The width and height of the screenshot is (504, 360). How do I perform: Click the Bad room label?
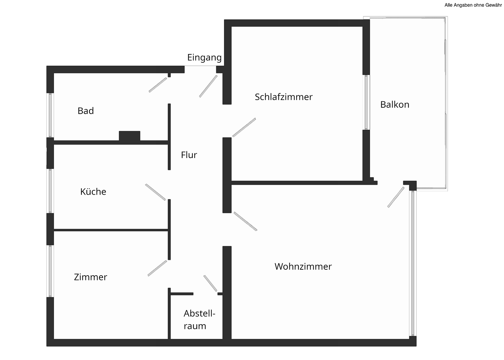point(85,111)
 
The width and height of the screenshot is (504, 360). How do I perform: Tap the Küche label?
point(93,191)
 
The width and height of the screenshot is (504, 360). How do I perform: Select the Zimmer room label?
point(90,277)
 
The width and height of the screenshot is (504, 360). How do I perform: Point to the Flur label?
point(189,155)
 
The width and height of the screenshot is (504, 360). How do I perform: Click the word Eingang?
point(204,58)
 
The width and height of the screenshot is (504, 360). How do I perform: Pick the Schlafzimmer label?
point(283,97)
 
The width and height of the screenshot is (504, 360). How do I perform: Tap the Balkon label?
point(395,104)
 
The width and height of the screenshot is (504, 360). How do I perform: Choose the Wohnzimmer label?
point(303,266)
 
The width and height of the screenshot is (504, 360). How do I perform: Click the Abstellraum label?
point(199,319)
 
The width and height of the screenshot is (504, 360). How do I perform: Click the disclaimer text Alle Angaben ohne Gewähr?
point(473,5)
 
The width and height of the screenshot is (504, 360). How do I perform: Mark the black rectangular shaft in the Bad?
point(129,136)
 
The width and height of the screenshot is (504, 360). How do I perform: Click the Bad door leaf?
point(158,85)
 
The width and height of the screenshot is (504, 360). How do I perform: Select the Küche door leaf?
point(155,192)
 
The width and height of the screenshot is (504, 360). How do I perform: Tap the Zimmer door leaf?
point(157,268)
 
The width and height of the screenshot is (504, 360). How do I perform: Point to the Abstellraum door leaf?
point(210,283)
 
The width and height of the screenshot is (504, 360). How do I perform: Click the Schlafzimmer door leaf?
point(244,127)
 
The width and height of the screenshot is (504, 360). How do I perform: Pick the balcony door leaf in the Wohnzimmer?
point(396,197)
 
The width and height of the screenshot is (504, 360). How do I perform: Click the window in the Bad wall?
point(50,115)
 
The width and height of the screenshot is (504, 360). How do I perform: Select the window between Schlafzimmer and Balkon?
point(366,102)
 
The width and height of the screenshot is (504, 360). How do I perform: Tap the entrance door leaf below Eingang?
point(208,86)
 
